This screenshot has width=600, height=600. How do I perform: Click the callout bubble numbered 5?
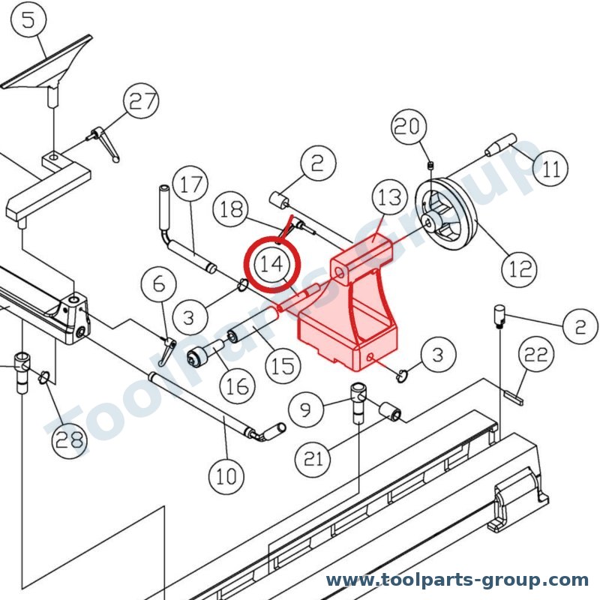click(28, 19)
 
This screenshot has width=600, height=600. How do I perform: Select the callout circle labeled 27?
click(141, 101)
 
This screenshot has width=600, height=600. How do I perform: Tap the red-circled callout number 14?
click(272, 264)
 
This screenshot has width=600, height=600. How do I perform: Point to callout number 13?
click(389, 197)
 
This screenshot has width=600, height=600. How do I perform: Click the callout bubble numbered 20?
click(409, 126)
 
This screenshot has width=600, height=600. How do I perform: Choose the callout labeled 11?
click(550, 169)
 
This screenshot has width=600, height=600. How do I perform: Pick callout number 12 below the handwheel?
click(519, 269)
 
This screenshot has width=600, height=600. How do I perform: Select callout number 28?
click(69, 440)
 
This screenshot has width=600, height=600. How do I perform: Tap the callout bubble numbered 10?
click(226, 476)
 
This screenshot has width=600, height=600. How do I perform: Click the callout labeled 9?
click(306, 409)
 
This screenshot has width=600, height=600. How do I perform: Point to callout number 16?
click(238, 386)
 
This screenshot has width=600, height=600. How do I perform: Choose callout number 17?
click(190, 184)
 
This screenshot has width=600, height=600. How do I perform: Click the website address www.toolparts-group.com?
click(457, 580)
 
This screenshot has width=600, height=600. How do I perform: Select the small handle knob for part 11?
click(500, 145)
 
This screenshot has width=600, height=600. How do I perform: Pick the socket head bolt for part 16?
click(205, 352)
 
